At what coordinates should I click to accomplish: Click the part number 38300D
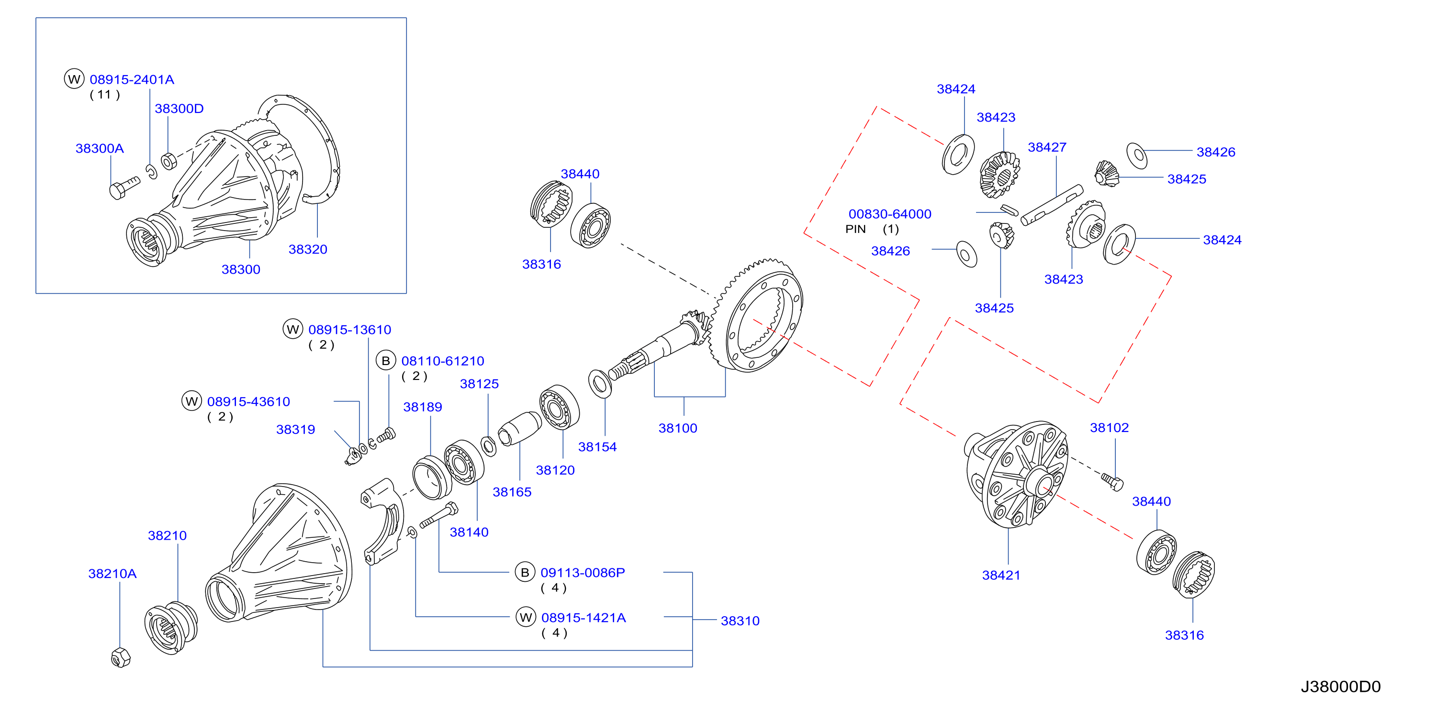pos(179,109)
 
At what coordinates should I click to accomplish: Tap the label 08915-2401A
pos(132,80)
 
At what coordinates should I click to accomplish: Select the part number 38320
pos(308,249)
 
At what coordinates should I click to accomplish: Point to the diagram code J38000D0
pos(1341,687)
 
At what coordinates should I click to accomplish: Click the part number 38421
pos(1001,575)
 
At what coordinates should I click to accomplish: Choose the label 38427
pos(1047,147)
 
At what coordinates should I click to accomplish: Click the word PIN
pos(856,229)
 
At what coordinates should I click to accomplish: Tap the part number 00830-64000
pos(890,214)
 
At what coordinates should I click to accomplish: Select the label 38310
pos(740,621)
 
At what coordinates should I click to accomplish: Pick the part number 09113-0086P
pos(583,572)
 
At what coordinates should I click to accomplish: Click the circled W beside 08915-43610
pos(192,401)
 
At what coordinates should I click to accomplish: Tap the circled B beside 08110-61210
pos(386,361)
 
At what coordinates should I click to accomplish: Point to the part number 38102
pos(1110,427)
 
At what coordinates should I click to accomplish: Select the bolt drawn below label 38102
pos(1112,481)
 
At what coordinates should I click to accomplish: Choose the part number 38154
pos(597,447)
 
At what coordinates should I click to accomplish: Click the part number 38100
pos(678,428)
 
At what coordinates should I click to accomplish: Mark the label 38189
pos(423,407)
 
